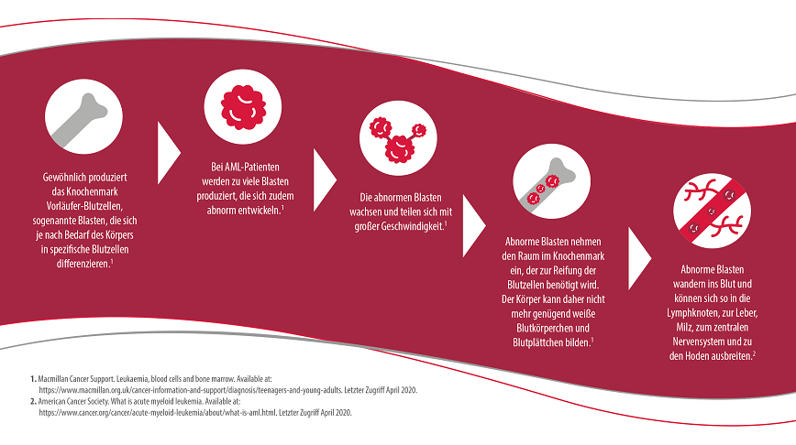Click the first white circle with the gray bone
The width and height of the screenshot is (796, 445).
coord(83,116)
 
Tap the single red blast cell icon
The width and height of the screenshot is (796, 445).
coord(243,107)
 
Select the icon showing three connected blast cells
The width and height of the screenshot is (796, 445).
coord(398,138)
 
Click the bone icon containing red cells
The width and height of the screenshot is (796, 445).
coord(551,181)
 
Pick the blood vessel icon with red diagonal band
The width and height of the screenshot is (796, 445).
coord(712,211)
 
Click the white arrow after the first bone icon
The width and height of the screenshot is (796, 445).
coord(169,153)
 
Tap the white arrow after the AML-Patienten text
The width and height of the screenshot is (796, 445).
coord(325,180)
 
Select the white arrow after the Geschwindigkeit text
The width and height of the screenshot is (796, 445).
coord(474,225)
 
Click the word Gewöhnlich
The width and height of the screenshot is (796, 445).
coord(62,178)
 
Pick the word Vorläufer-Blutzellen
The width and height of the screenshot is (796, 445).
coord(84,206)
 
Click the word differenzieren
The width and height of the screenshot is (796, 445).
coord(83,264)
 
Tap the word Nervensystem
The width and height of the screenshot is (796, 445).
coord(699,342)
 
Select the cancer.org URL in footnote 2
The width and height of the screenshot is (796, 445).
coord(158,413)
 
